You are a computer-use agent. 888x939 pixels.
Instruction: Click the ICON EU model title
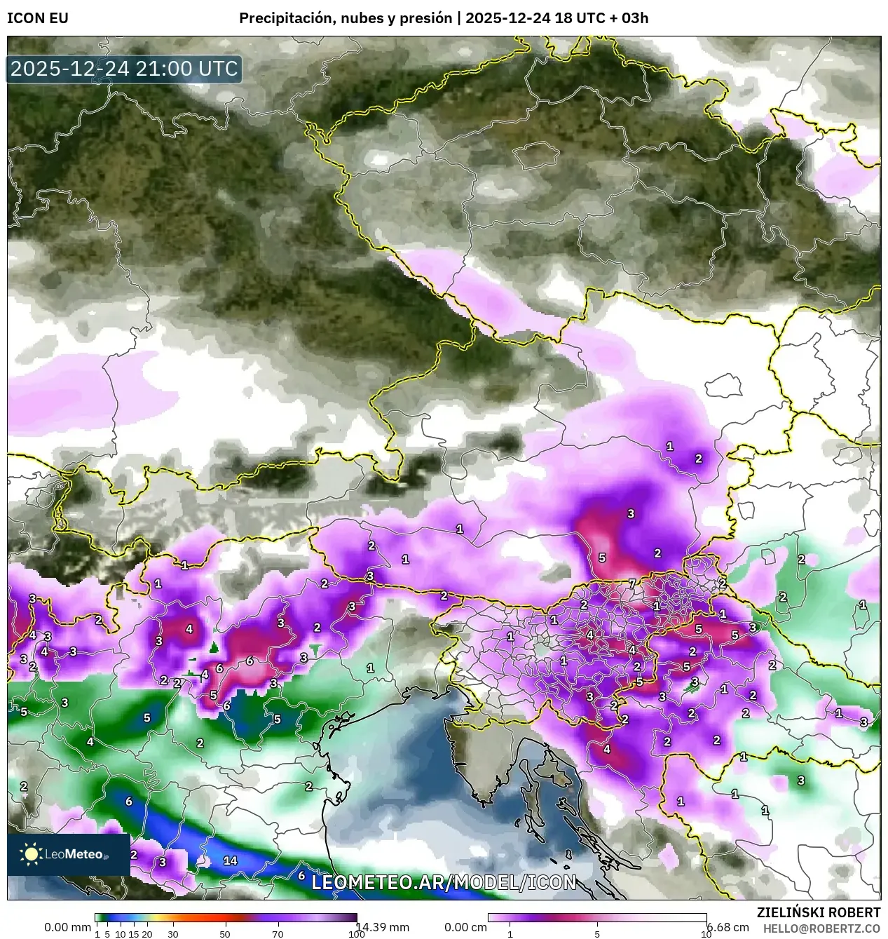pos(38,18)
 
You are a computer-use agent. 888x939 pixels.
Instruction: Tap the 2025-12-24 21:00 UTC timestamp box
pos(124,69)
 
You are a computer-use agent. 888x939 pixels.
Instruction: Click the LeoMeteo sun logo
pos(32,853)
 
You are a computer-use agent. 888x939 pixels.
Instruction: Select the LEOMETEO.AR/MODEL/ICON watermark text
pos(444,882)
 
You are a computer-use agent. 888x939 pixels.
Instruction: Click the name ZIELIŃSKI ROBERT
pos(819,912)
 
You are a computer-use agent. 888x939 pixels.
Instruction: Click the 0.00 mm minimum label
pos(67,927)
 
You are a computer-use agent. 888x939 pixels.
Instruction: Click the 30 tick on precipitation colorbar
pos(172,934)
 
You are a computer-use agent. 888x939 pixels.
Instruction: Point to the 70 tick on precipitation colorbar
pos(278,934)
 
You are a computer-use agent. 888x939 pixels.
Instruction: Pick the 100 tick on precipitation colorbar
pos(356,934)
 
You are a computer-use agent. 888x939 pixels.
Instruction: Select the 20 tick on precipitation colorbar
pos(147,934)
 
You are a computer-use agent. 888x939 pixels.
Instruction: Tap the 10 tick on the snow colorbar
pos(706,934)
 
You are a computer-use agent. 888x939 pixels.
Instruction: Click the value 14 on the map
pos(229,860)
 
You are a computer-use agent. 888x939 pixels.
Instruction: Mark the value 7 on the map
pos(631,583)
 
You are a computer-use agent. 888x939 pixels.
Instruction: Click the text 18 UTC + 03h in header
pos(601,18)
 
